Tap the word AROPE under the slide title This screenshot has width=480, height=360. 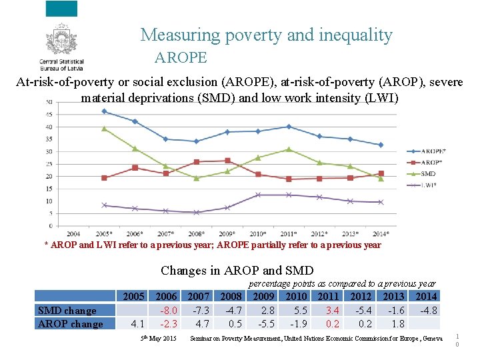tap(181, 58)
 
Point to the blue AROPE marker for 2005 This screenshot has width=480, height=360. tap(104, 111)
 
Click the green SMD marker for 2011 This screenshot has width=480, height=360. tap(288, 149)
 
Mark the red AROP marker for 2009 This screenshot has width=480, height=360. tap(227, 161)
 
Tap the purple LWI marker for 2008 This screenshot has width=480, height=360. tap(196, 212)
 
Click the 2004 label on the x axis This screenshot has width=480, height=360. tap(73, 234)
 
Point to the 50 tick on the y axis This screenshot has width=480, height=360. tap(50, 102)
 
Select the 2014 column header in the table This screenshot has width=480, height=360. tap(426, 296)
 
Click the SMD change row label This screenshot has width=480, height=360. tap(67, 310)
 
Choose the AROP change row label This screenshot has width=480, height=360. tap(71, 324)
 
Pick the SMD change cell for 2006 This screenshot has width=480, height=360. tap(167, 310)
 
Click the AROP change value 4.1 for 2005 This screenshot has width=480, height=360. tap(137, 324)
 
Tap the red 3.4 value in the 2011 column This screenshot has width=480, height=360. tap(332, 310)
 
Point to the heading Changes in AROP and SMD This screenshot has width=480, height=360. tap(237, 271)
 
